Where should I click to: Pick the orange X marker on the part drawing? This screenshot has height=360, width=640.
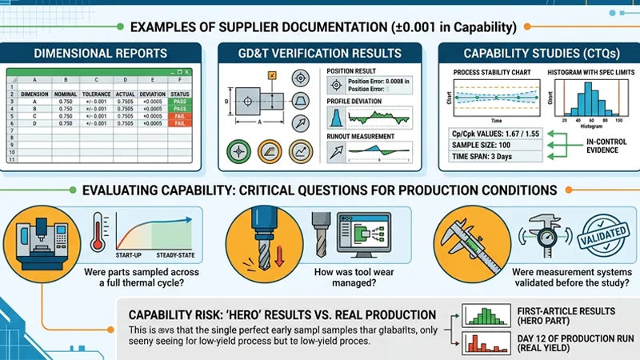click(273, 74)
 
